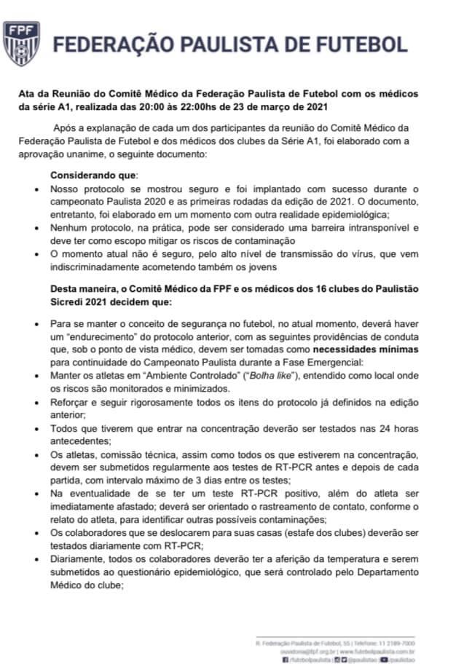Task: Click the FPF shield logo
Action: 20,41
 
